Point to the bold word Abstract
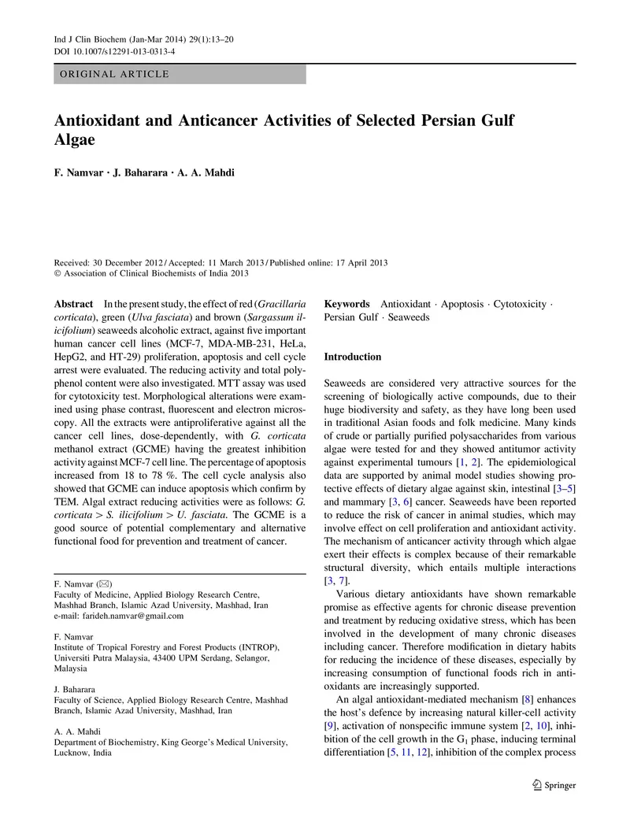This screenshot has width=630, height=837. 72,303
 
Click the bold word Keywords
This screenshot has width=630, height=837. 347,303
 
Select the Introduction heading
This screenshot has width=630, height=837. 353,357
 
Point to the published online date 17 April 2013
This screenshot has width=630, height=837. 358,262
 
